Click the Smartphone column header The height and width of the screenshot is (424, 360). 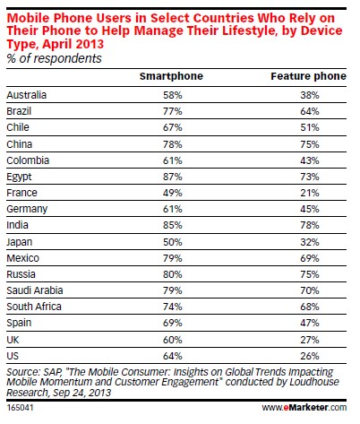tap(171, 76)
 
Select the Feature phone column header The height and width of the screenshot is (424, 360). tap(308, 76)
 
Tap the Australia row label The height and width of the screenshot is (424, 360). tap(27, 95)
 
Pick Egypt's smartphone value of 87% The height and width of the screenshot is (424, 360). tap(173, 177)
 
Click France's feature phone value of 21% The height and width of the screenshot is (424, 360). tap(310, 193)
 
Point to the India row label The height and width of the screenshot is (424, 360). tap(17, 225)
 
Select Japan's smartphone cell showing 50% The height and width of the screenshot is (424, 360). tap(173, 242)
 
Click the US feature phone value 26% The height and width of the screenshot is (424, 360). tap(310, 356)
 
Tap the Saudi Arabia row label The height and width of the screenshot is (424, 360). tap(35, 290)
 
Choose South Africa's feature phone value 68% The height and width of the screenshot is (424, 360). tap(310, 307)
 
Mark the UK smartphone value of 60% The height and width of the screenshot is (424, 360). tap(173, 340)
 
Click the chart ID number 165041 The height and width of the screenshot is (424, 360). tap(20, 408)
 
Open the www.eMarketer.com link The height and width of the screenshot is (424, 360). tap(304, 407)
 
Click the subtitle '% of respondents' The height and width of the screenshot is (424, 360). tap(54, 58)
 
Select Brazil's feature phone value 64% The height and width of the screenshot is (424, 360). tap(310, 111)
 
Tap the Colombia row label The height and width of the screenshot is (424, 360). tap(28, 160)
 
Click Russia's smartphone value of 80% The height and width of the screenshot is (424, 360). tap(173, 274)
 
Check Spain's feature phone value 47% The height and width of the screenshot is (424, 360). tap(310, 323)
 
